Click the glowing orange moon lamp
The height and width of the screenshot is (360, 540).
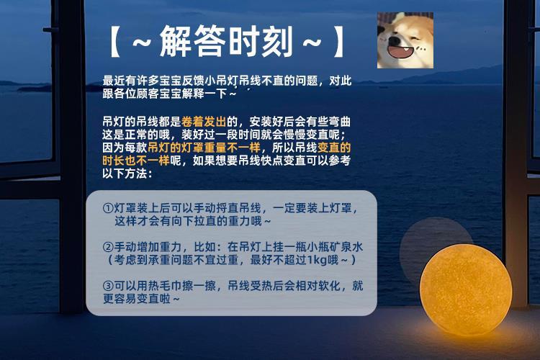(x=466, y=289)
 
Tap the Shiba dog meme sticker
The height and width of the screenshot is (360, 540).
(x=405, y=40)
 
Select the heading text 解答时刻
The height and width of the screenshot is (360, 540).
(x=226, y=41)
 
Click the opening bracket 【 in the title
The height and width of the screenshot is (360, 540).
(x=115, y=41)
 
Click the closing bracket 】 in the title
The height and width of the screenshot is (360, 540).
(x=338, y=41)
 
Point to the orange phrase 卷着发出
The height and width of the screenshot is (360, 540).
(x=204, y=122)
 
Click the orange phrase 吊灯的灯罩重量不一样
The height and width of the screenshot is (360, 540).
(x=204, y=148)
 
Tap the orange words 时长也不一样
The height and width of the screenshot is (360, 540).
(x=135, y=161)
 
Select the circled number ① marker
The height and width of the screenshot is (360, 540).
(x=108, y=208)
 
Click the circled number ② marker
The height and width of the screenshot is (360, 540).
(x=108, y=247)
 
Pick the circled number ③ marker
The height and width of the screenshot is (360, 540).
(x=108, y=286)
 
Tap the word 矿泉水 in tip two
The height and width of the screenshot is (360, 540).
(x=346, y=247)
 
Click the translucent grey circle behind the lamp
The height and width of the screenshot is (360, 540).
(x=436, y=243)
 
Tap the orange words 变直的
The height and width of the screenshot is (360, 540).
(x=334, y=148)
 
